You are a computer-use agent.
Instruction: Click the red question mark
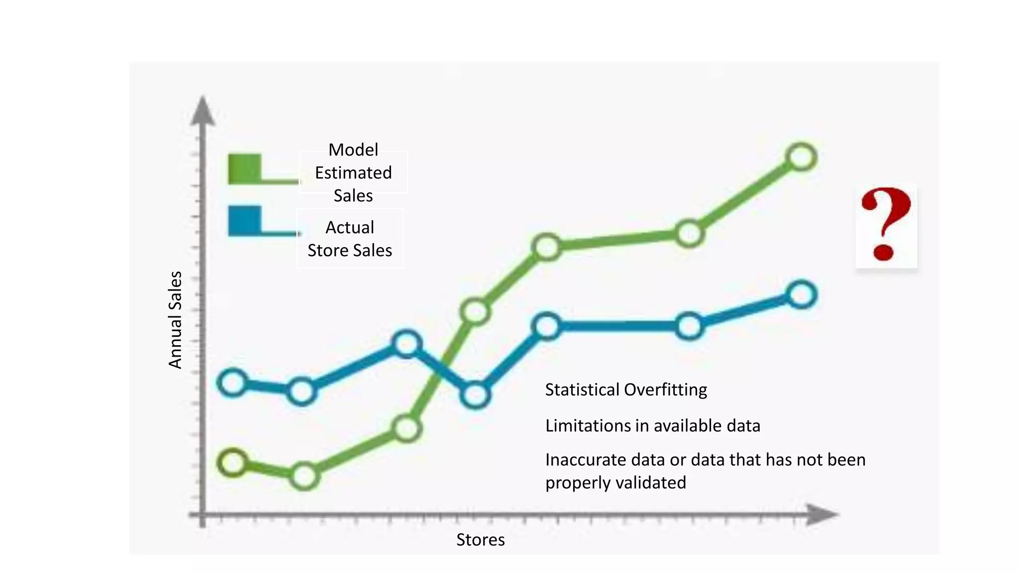[x=886, y=225]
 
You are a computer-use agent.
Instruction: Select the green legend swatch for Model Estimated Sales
[x=245, y=169]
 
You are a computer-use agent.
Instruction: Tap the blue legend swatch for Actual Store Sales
[x=245, y=220]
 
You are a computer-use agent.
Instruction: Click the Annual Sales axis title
[x=175, y=320]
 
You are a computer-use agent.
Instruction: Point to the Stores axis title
[x=480, y=540]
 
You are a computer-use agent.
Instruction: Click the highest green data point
[x=801, y=158]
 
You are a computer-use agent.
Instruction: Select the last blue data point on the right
[x=801, y=295]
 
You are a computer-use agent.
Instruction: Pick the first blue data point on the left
[x=233, y=383]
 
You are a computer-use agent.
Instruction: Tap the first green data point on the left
[x=233, y=463]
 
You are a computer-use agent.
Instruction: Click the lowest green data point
[x=304, y=476]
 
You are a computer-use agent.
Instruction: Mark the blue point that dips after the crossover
[x=476, y=395]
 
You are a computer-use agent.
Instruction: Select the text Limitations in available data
[x=652, y=426]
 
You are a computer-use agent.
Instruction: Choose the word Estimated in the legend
[x=353, y=173]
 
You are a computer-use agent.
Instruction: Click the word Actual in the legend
[x=350, y=227]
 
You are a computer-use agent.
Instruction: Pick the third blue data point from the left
[x=407, y=344]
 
